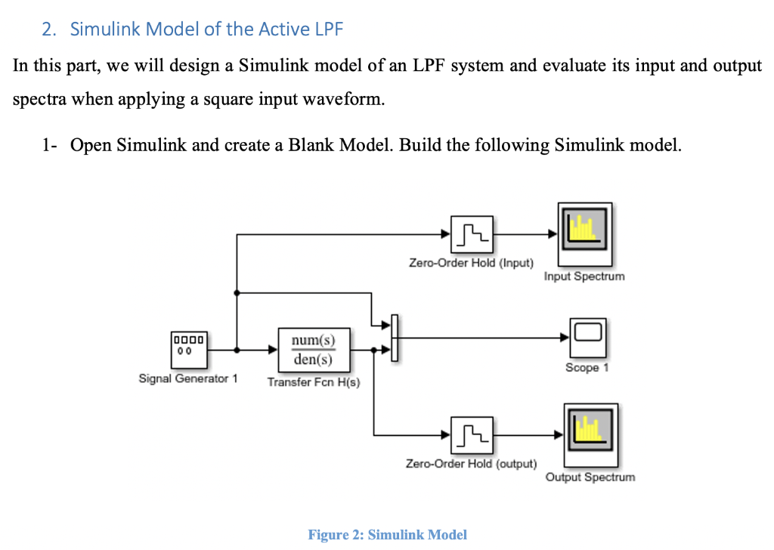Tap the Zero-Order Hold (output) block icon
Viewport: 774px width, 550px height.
point(472,434)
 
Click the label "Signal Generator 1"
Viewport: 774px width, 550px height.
point(187,379)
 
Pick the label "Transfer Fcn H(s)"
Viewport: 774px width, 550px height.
point(314,382)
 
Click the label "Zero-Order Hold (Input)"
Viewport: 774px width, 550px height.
point(471,263)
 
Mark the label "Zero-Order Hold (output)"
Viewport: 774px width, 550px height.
point(471,463)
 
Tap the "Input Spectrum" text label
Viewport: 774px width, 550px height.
point(584,277)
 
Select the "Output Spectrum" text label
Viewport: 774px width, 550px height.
point(590,477)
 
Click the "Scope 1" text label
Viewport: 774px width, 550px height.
point(587,368)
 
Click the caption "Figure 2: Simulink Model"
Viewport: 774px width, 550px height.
point(387,534)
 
